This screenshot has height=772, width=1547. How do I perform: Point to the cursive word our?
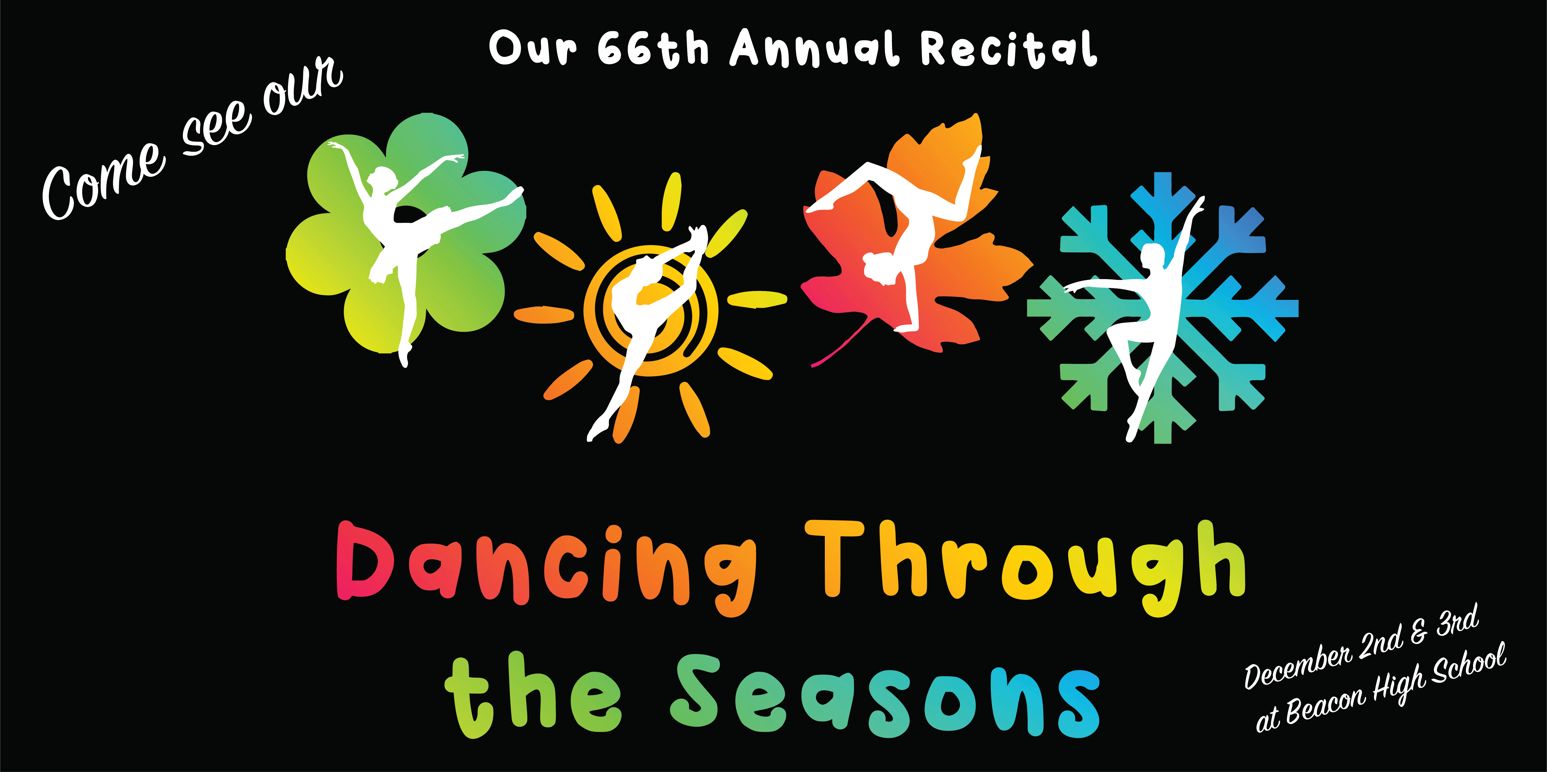[x=303, y=84]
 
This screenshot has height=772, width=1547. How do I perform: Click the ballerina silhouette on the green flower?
[x=414, y=240]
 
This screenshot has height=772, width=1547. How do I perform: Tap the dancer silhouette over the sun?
[x=646, y=331]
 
